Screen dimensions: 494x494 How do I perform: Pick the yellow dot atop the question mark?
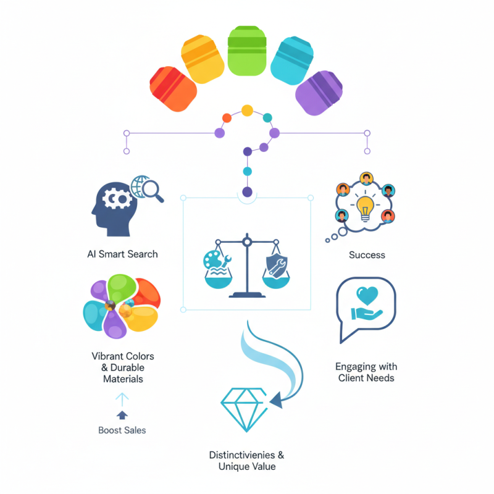click(x=247, y=111)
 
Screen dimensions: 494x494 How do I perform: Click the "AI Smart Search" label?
click(x=122, y=254)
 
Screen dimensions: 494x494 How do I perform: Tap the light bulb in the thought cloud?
click(x=366, y=207)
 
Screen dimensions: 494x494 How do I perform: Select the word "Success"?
click(x=367, y=254)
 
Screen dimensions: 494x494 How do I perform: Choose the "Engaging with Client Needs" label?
click(x=366, y=372)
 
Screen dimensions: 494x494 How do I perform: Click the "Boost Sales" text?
click(x=122, y=430)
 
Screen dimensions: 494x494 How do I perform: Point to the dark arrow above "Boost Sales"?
click(x=122, y=414)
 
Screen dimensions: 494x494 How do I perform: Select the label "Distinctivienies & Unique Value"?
click(x=246, y=461)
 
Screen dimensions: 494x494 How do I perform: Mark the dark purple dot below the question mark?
click(x=247, y=192)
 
